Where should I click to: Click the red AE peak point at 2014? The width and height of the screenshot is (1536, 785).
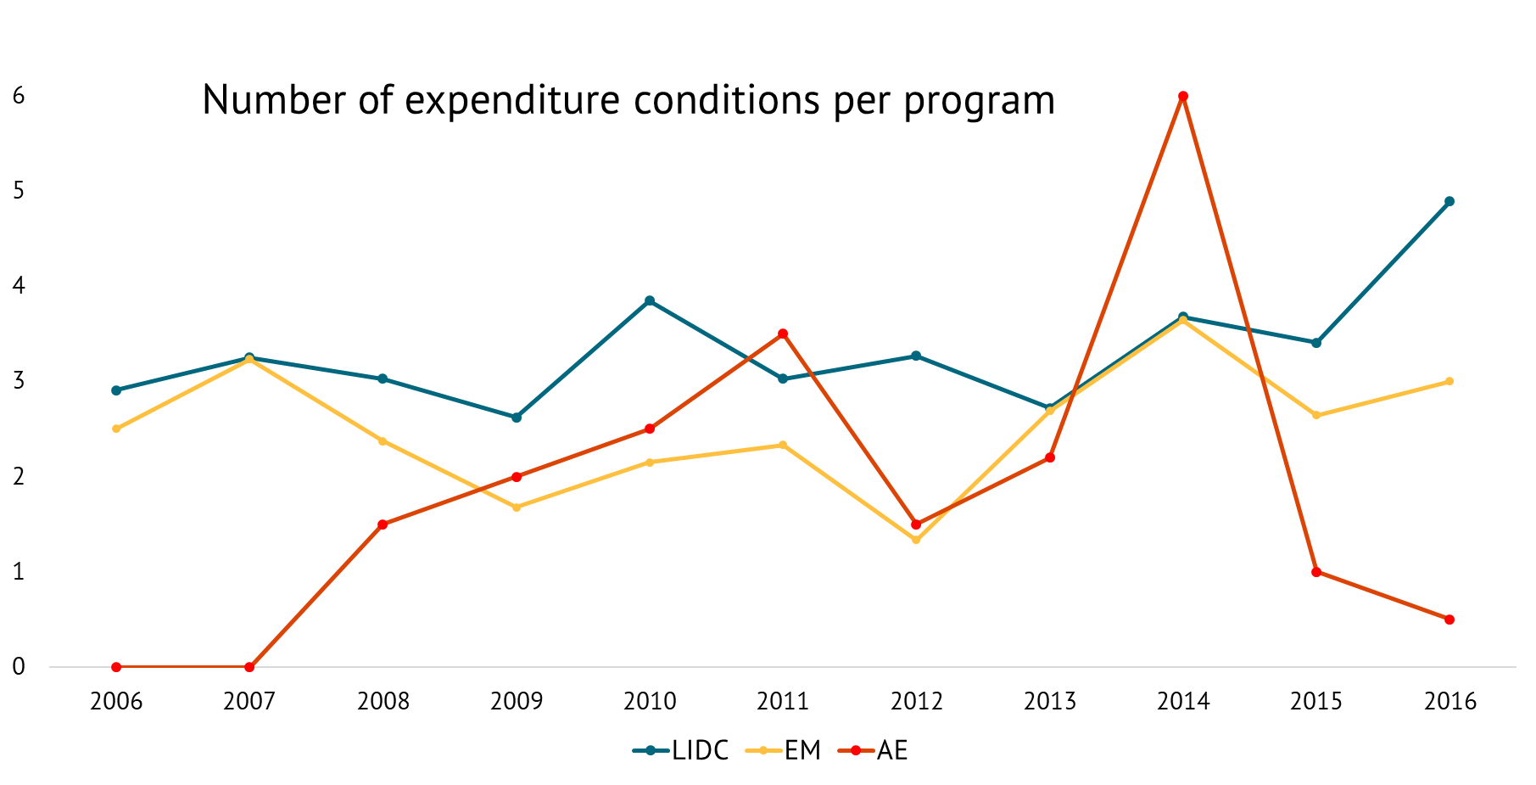(x=1183, y=96)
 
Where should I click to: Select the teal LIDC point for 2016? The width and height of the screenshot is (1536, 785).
(x=1449, y=201)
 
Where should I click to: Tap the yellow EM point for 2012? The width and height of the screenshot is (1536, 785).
(x=916, y=540)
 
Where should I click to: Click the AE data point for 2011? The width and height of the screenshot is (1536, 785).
(x=783, y=334)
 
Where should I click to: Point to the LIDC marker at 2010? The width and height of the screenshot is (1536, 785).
(x=650, y=300)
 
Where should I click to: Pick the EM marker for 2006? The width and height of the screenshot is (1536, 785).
(x=116, y=429)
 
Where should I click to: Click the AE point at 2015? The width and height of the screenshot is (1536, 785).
(x=1316, y=572)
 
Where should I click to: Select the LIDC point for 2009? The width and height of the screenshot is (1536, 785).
(x=517, y=418)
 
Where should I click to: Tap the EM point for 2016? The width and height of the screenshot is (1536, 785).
(x=1449, y=381)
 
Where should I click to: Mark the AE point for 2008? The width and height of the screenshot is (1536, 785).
(x=383, y=524)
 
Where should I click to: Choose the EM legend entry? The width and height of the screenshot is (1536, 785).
(x=785, y=750)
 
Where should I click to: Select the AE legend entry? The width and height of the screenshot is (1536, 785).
(x=874, y=750)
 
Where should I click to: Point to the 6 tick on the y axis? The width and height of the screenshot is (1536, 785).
(x=19, y=96)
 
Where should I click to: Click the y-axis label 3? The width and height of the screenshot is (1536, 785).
(x=19, y=381)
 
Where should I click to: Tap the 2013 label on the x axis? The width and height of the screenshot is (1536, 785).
(x=1050, y=701)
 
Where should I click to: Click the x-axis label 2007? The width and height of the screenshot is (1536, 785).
(x=249, y=701)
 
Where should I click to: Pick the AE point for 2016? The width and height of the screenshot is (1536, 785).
(x=1449, y=620)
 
